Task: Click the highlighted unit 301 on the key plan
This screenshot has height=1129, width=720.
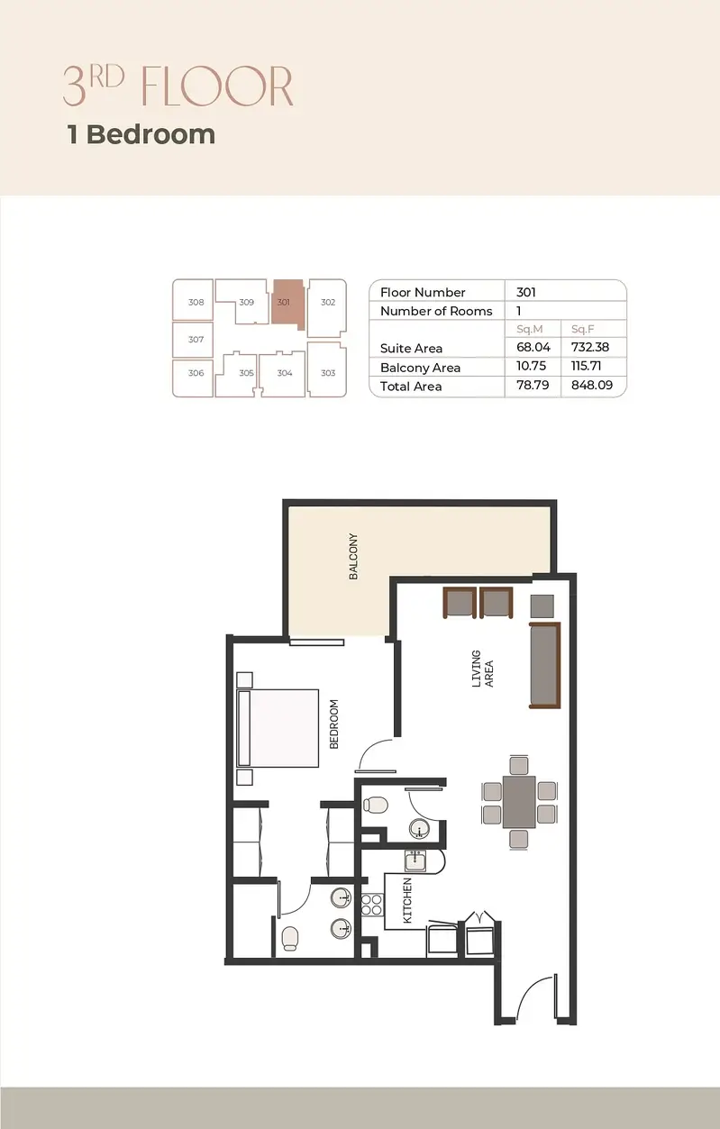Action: (x=287, y=302)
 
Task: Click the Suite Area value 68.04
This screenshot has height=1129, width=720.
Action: (x=533, y=347)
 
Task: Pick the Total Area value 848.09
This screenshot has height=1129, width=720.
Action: (x=592, y=385)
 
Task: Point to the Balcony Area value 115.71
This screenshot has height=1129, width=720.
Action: (x=586, y=366)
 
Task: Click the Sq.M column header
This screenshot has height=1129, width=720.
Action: (x=530, y=329)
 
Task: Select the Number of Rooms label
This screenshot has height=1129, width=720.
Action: (x=436, y=311)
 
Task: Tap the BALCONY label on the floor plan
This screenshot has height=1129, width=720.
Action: (x=353, y=557)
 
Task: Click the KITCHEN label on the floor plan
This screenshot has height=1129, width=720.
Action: (x=407, y=900)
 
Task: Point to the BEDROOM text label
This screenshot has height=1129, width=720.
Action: (x=333, y=724)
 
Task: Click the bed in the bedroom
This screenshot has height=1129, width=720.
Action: (x=278, y=728)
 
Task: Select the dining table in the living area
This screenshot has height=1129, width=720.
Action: (x=519, y=802)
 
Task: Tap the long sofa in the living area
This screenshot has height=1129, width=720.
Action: (x=545, y=665)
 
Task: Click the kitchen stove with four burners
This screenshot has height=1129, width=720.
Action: (x=371, y=904)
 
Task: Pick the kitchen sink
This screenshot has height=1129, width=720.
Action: (x=415, y=860)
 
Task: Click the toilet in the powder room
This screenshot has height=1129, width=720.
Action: (x=375, y=805)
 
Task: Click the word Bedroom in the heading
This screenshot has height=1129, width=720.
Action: (x=150, y=134)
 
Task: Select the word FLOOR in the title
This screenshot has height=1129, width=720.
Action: (x=217, y=86)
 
